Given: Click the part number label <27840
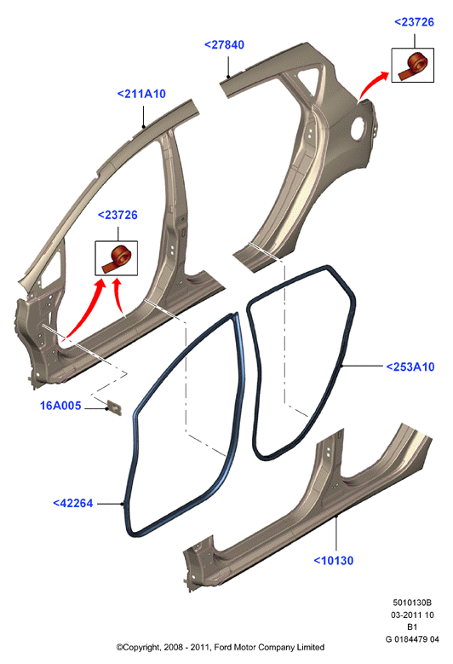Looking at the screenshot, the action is click(x=224, y=45).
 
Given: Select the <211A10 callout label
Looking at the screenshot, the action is click(x=141, y=94).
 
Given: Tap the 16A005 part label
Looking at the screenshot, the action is click(x=60, y=406).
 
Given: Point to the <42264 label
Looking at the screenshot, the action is click(x=72, y=503).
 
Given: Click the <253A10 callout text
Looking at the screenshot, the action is click(x=410, y=367).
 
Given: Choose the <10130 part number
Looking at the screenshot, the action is click(x=333, y=561).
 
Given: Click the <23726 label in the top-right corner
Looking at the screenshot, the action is click(x=414, y=22).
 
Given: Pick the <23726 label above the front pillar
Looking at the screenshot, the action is click(x=118, y=215).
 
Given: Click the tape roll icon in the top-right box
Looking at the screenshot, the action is click(x=413, y=66).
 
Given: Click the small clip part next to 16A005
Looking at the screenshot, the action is click(x=115, y=407).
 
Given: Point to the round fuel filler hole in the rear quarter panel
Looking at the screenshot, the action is click(x=359, y=126).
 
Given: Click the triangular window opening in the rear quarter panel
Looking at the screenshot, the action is click(x=308, y=79).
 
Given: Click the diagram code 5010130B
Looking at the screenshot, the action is click(x=412, y=603).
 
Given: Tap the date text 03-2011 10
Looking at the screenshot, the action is click(x=412, y=615).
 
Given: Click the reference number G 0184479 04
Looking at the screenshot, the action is click(x=412, y=639).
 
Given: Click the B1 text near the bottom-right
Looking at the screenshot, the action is click(x=412, y=627).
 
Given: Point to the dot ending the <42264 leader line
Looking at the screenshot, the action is click(x=123, y=504).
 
